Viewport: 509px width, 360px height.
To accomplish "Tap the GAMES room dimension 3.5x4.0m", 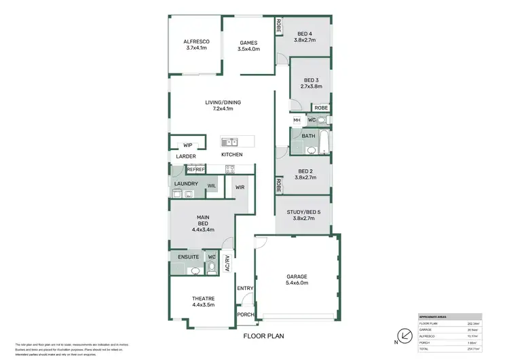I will click(x=248, y=49).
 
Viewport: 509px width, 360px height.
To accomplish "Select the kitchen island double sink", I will click(x=229, y=142).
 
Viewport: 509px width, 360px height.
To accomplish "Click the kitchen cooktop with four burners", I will click(x=230, y=169).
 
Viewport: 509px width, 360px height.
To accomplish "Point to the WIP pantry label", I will click(x=188, y=144).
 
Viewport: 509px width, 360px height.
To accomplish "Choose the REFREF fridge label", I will click(x=187, y=170).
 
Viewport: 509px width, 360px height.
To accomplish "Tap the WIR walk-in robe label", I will click(x=240, y=187).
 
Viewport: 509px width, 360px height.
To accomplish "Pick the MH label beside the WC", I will click(x=297, y=120).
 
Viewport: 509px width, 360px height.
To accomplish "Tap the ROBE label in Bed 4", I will click(x=278, y=25).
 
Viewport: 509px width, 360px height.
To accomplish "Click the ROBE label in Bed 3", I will click(x=321, y=108).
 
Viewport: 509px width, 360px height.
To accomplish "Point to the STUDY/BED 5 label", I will click(x=303, y=211).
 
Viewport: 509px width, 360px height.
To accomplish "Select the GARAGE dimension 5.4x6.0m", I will click(x=297, y=283).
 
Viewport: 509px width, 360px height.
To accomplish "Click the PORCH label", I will click(x=244, y=314).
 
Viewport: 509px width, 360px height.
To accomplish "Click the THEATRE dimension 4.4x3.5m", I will click(x=203, y=305).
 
